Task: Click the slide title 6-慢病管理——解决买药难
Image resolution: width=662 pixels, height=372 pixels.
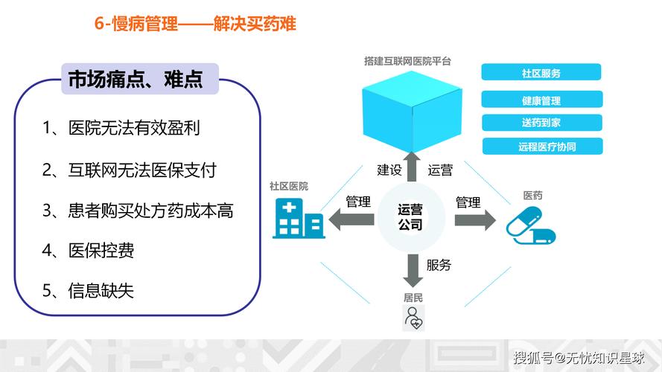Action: point(195,25)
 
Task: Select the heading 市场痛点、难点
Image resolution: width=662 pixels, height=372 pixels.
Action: point(136,79)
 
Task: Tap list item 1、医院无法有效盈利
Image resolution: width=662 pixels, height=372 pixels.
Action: point(121,129)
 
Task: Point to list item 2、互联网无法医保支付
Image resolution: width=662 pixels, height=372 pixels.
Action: point(129,170)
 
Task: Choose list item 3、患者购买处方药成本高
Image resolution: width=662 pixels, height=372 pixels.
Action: point(138,211)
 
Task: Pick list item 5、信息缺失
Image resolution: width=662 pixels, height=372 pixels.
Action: point(88,290)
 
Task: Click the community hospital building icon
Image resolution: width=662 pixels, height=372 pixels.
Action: point(298,217)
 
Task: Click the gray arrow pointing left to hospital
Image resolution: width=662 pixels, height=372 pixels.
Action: point(351,218)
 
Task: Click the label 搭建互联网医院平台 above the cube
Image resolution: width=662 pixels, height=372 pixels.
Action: point(407,60)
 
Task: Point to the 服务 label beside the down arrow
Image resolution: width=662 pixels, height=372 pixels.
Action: point(439,265)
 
